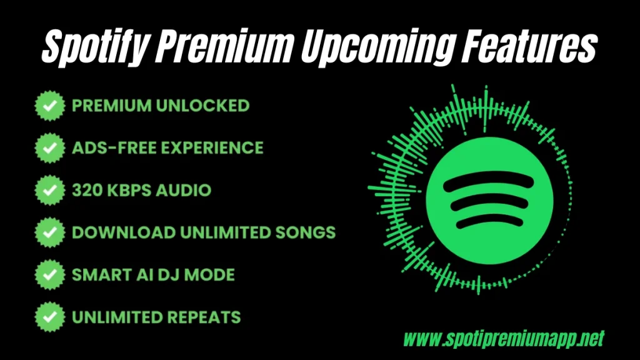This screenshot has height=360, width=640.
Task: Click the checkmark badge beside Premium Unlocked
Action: [x=49, y=106]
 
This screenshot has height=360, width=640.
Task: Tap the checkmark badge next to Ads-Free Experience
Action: [x=49, y=148]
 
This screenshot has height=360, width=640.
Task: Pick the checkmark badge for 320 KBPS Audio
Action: [x=49, y=190]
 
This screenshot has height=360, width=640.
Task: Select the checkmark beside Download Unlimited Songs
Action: [x=49, y=232]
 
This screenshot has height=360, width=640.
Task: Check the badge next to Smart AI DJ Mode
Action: [x=49, y=274]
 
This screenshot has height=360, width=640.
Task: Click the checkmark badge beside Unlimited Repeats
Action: [x=49, y=317]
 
